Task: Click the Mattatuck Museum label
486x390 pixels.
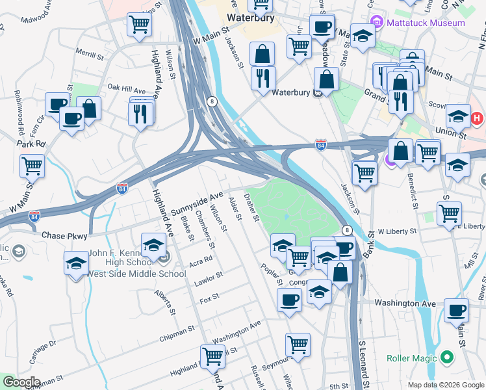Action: click(x=426, y=23)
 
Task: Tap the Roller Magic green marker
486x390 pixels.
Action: click(x=446, y=357)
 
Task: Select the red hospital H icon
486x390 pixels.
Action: click(x=478, y=119)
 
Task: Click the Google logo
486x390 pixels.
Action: click(x=21, y=382)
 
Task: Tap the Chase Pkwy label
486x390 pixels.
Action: click(x=62, y=235)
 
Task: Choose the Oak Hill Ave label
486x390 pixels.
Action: click(x=127, y=88)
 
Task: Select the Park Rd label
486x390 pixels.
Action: click(x=32, y=144)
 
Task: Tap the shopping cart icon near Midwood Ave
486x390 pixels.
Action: click(x=140, y=25)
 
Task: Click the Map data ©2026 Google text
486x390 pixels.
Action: click(x=445, y=384)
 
